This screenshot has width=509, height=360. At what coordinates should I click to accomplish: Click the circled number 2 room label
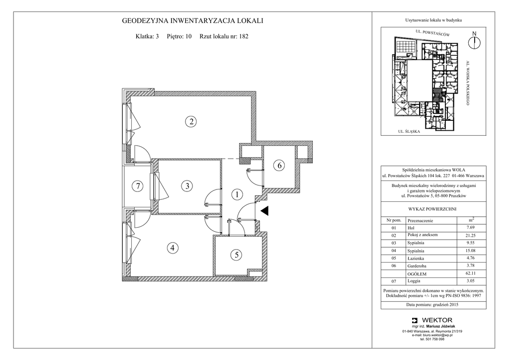pyautogui.click(x=191, y=122)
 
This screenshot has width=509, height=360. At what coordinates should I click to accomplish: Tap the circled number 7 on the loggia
pyautogui.click(x=138, y=186)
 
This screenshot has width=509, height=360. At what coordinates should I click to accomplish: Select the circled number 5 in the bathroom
pyautogui.click(x=236, y=255)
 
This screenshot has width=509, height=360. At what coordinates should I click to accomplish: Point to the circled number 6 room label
pyautogui.click(x=279, y=166)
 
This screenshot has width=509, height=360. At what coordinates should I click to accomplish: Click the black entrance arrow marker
pyautogui.click(x=265, y=211)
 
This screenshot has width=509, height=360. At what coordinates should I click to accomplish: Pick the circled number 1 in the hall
pyautogui.click(x=237, y=195)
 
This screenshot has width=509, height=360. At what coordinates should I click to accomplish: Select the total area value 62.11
pyautogui.click(x=470, y=273)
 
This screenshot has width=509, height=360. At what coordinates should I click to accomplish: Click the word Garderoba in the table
pyautogui.click(x=417, y=266)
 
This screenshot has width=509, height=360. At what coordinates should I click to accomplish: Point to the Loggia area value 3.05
pyautogui.click(x=470, y=281)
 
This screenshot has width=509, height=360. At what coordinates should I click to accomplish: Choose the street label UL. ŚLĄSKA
pyautogui.click(x=409, y=131)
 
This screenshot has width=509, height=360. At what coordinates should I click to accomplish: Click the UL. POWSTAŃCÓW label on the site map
pyautogui.click(x=433, y=33)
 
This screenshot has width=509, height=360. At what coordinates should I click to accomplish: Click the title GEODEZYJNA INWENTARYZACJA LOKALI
pyautogui.click(x=192, y=21)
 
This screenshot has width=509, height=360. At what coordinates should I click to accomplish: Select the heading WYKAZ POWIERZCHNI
pyautogui.click(x=433, y=209)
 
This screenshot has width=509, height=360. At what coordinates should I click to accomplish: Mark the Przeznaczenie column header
pyautogui.click(x=421, y=221)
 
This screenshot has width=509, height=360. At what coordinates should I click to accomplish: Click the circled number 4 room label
pyautogui.click(x=172, y=248)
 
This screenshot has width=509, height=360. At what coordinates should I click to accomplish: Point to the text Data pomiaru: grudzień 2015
pyautogui.click(x=433, y=305)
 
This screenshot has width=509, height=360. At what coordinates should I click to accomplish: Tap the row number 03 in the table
pyautogui.click(x=394, y=243)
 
